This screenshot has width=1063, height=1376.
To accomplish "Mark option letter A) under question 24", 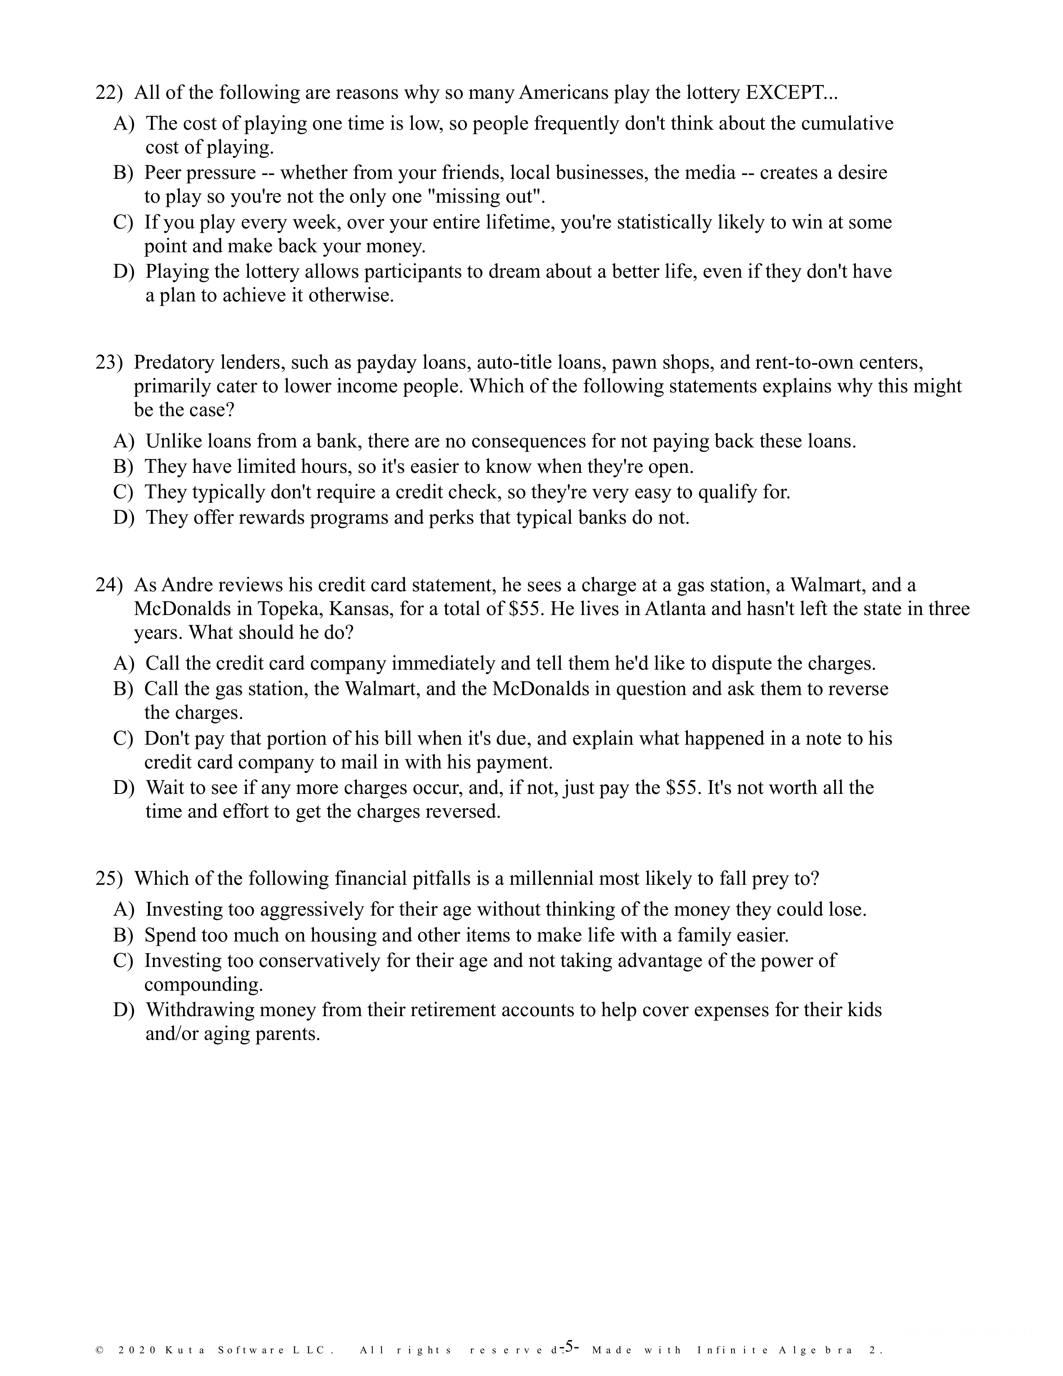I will [124, 663].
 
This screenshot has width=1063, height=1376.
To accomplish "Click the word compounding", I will [203, 984].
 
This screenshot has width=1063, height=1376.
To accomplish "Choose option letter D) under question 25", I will [124, 1010].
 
